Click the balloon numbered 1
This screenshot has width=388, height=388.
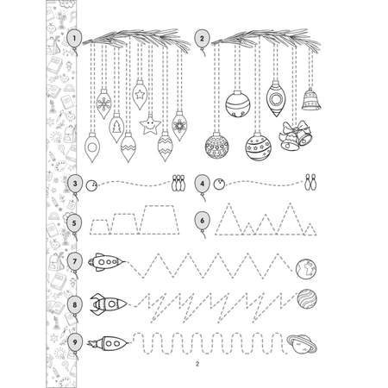click(74, 39)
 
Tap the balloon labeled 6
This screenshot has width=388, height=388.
click(203, 222)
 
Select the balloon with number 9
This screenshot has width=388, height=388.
click(75, 343)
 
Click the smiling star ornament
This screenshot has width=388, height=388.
click(150, 124)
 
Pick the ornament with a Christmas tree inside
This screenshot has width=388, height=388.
click(116, 128)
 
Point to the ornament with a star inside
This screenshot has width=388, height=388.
click(140, 94)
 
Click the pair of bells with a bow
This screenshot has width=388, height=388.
click(296, 135)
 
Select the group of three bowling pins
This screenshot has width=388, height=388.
click(178, 183)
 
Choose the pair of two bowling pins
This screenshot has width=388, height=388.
click(310, 182)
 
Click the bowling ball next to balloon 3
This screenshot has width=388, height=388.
click(91, 185)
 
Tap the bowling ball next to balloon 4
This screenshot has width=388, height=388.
click(219, 184)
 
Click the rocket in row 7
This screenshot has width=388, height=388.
click(107, 262)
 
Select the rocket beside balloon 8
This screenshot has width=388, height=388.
click(109, 304)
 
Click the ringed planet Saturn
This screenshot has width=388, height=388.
click(302, 344)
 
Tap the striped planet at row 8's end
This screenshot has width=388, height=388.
click(307, 298)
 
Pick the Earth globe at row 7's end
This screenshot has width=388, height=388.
click(306, 269)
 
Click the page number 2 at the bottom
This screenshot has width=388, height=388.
click(197, 364)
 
